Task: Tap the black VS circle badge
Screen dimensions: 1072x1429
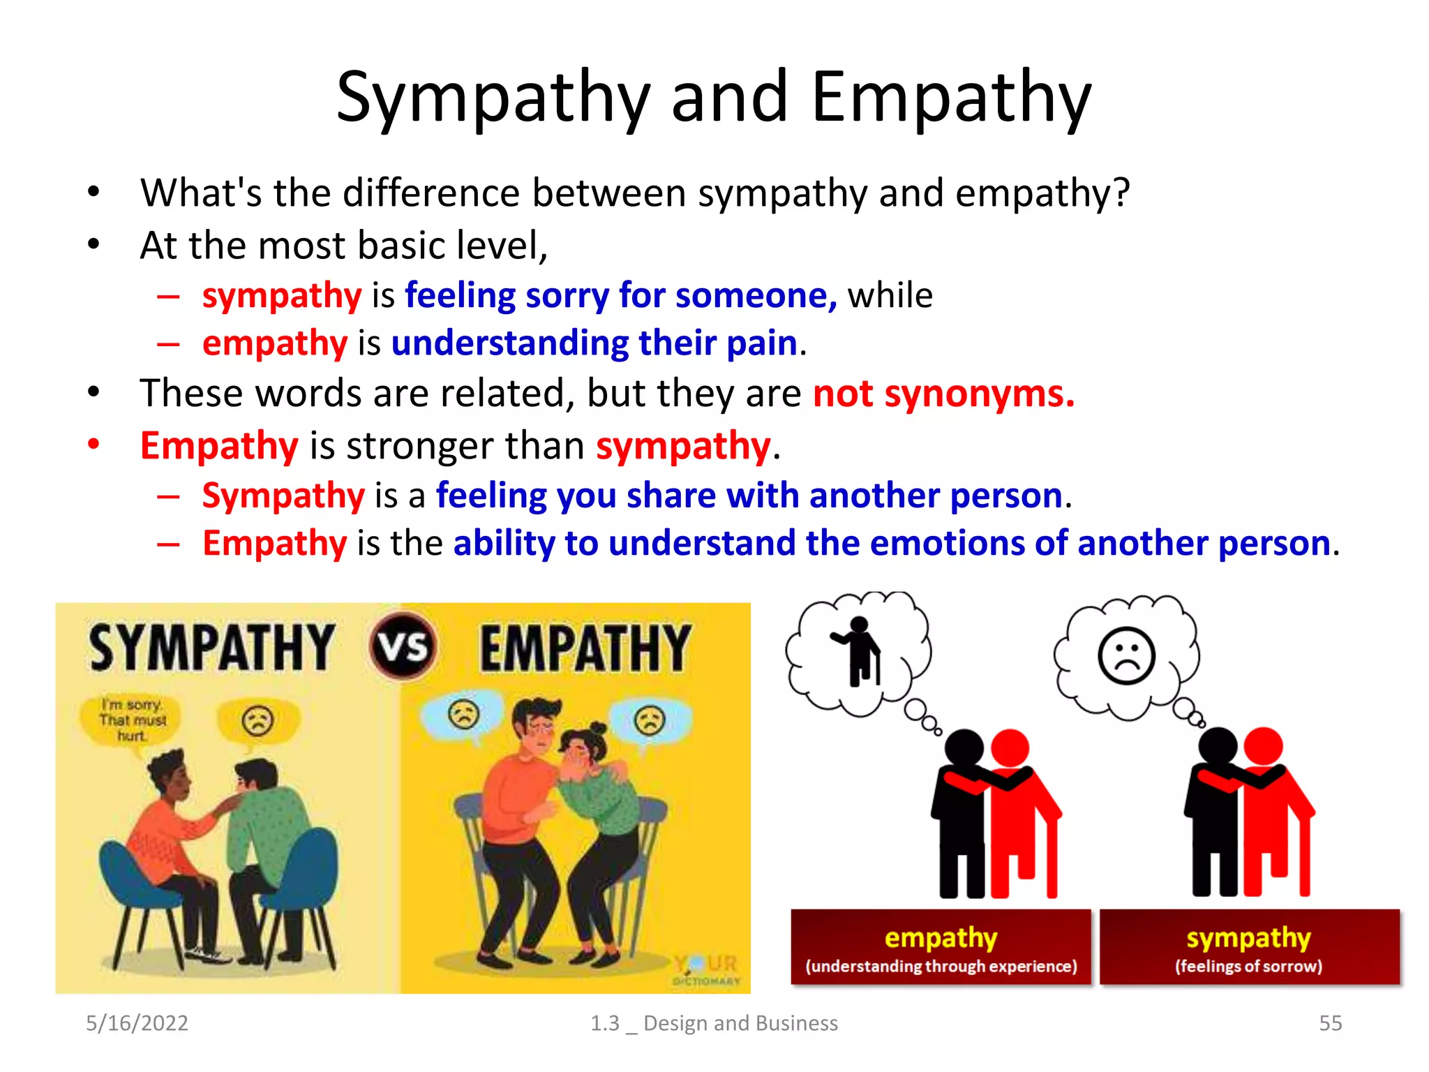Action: [403, 646]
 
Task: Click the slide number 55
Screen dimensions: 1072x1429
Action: [1330, 1022]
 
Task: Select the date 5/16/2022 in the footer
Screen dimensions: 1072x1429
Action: [137, 1022]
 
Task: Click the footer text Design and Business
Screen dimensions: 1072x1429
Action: [740, 1022]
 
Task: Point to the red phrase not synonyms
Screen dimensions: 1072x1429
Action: [943, 393]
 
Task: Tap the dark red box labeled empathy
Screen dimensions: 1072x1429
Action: [941, 947]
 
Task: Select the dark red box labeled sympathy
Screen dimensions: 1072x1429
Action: [1249, 947]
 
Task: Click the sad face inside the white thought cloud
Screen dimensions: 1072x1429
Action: [1126, 657]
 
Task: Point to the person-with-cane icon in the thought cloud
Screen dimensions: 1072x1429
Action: [860, 651]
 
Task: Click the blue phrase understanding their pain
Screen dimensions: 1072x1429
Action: [594, 343]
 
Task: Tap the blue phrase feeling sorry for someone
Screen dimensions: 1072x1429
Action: [620, 295]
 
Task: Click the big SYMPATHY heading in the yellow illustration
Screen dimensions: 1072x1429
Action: [211, 648]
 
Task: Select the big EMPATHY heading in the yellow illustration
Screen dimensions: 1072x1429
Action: [585, 648]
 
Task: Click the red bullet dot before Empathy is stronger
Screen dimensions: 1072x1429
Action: [93, 444]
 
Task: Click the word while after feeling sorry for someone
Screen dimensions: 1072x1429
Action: [890, 295]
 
